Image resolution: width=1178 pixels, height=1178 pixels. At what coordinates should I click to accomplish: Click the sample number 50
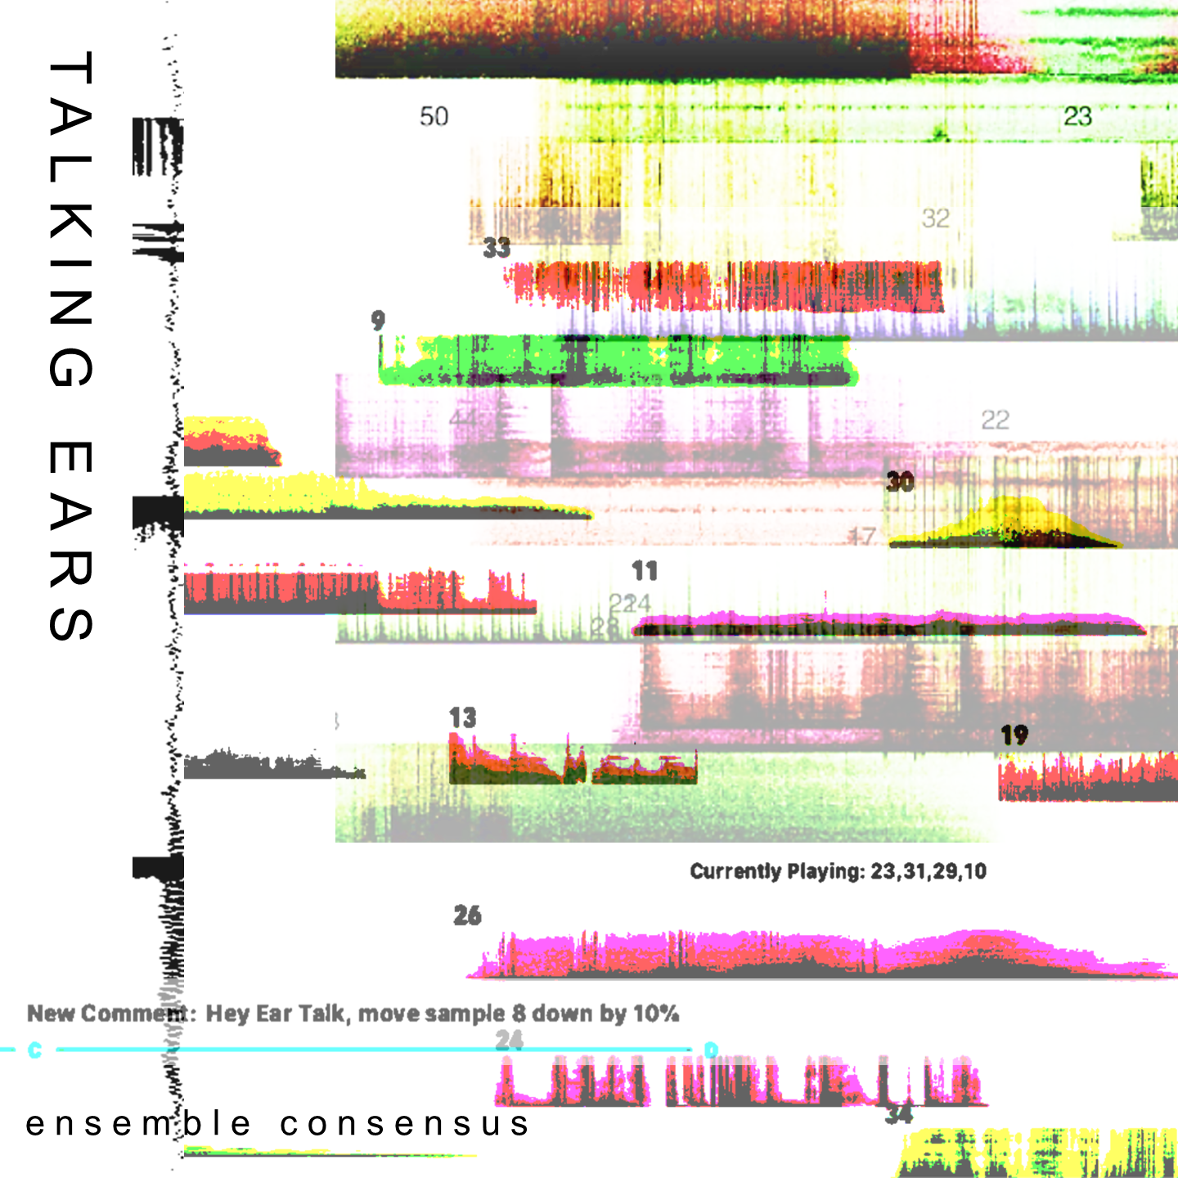tap(434, 116)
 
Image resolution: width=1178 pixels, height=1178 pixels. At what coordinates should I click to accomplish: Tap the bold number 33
tap(497, 247)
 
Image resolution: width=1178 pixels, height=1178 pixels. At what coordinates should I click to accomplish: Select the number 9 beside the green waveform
tap(377, 320)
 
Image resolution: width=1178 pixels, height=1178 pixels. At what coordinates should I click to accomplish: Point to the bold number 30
tap(900, 481)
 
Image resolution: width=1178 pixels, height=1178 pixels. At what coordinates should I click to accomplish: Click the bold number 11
tap(645, 570)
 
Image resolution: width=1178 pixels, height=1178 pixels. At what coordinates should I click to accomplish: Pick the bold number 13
tap(462, 717)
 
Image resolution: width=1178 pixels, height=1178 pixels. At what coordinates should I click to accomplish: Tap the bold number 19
tap(1014, 735)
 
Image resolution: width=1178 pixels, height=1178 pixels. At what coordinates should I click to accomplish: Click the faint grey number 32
tap(935, 218)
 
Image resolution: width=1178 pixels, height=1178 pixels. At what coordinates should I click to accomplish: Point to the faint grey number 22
tap(995, 420)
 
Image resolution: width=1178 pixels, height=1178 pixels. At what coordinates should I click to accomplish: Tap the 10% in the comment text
tap(656, 1014)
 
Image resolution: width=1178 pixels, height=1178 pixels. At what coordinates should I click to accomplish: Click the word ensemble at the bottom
tap(138, 1124)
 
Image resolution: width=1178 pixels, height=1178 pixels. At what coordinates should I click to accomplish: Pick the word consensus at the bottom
tap(405, 1124)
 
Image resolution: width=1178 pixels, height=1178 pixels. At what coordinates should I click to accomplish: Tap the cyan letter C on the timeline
tap(34, 1050)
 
